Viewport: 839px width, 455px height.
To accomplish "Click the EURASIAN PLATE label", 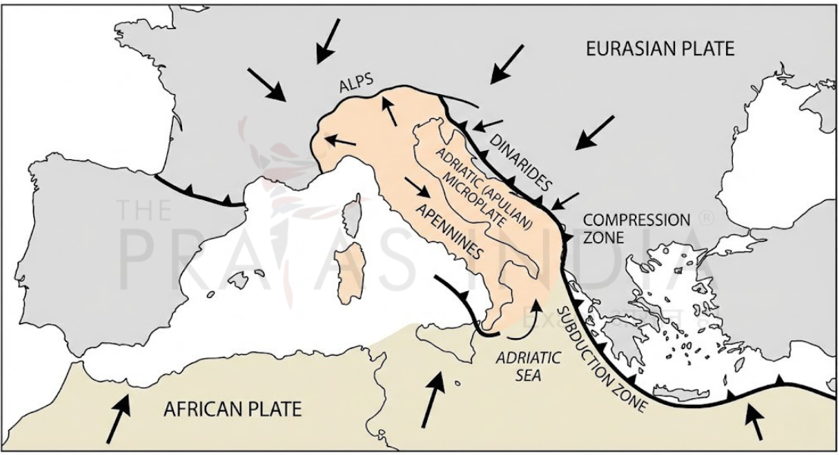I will coord(660,49).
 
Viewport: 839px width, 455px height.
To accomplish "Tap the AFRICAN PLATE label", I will coord(233,409).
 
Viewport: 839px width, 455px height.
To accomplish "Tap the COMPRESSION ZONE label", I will coord(636,228).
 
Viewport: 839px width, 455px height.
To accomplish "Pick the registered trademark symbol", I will coord(706,218).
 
